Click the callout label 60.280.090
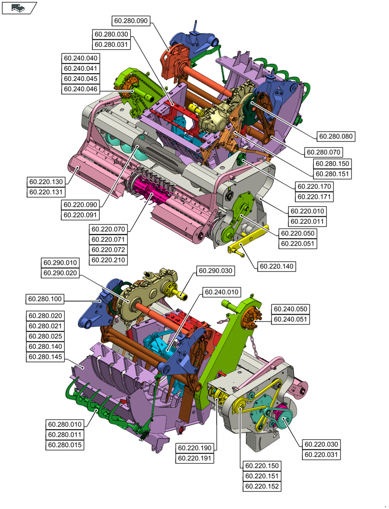[130, 20]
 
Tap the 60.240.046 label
[81, 89]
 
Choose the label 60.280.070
[323, 152]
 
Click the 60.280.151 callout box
[332, 174]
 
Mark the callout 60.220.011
[308, 221]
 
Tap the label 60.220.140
[277, 266]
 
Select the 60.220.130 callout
[46, 182]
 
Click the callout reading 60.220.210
[108, 260]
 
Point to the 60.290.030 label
[216, 271]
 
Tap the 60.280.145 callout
[45, 357]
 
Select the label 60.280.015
[65, 445]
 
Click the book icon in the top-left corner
[19, 8]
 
